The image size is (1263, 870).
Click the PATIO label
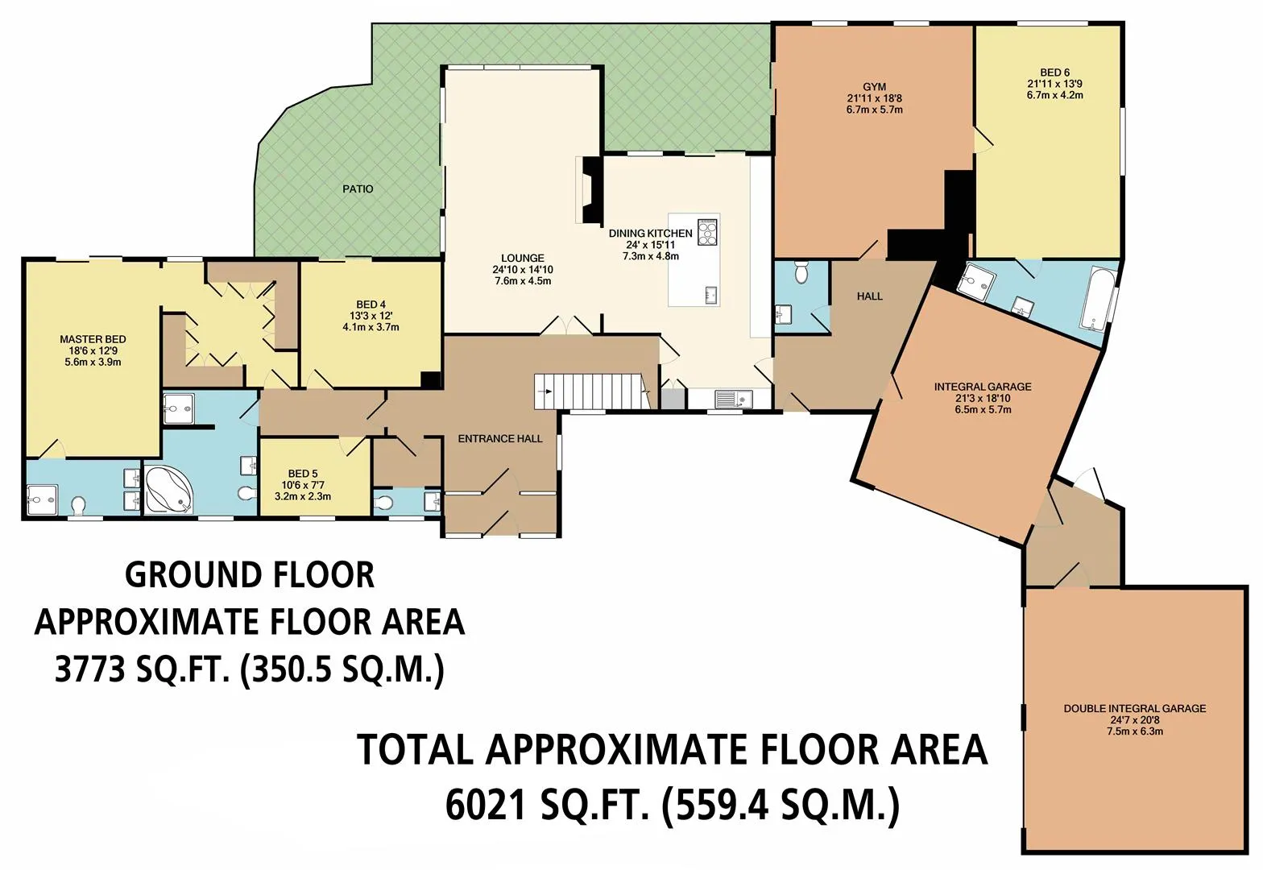pos(358,188)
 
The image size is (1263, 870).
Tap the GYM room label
pos(875,87)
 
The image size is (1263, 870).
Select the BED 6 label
pos(1055,72)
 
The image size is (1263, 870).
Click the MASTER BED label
pos(93,339)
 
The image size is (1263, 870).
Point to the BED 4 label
pos(371,305)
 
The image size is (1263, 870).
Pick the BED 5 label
pos(303,474)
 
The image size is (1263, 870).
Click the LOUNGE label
pos(523,259)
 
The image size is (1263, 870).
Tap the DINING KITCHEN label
pos(651,234)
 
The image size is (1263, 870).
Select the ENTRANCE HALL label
pos(500,439)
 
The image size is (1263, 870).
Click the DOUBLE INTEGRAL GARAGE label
pos(1135,708)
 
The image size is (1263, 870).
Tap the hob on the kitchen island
pos(707,232)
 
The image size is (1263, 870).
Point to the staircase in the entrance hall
pos(592,391)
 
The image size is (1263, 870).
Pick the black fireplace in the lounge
pos(593,190)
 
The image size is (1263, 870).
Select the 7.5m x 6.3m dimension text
pos(1135,731)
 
